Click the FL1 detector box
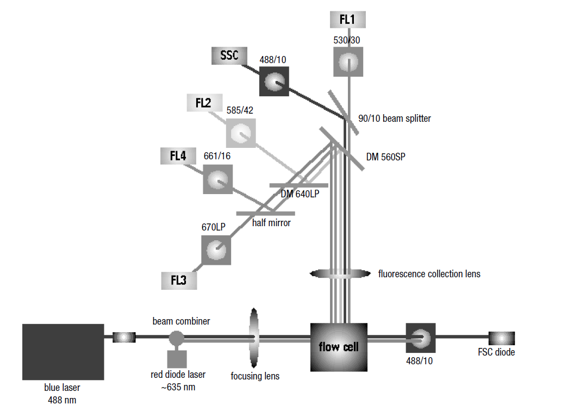coord(348,19)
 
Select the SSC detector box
coord(229,57)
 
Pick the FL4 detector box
coord(178,156)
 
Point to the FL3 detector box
coord(178,281)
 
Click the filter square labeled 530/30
coord(348,62)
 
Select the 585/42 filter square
coord(241,133)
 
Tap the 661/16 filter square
coord(217,179)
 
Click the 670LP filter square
coord(216,250)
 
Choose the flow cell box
coord(339,347)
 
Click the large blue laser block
coord(63,352)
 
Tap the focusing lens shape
coord(254,338)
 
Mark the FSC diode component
coord(501,338)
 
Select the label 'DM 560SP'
coord(385,157)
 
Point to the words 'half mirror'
coord(271,222)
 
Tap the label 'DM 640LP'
coord(300,194)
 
